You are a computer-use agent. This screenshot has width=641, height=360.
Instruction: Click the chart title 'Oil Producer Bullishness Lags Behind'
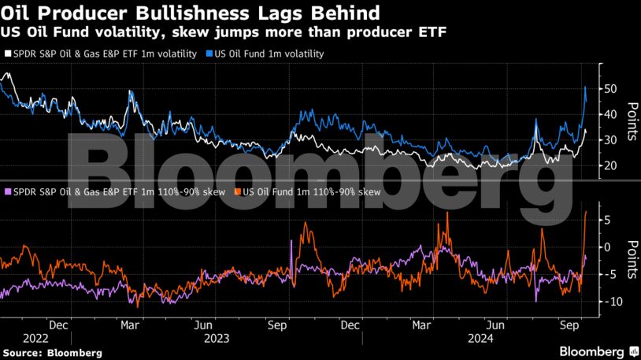pyautogui.click(x=193, y=13)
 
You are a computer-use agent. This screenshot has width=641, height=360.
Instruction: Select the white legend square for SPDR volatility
pyautogui.click(x=9, y=54)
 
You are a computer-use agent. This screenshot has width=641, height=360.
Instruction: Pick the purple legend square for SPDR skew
pyautogui.click(x=9, y=191)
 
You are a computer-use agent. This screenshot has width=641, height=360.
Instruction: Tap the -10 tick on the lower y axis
pyautogui.click(x=610, y=302)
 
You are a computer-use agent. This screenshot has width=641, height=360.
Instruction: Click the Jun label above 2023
pyautogui.click(x=203, y=324)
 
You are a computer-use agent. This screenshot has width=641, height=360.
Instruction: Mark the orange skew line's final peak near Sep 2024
pyautogui.click(x=587, y=211)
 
